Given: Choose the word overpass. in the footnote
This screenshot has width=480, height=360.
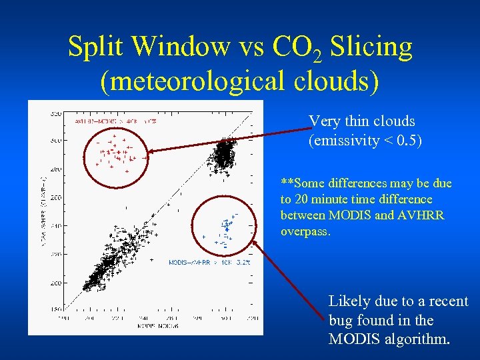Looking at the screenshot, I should tap(307, 231).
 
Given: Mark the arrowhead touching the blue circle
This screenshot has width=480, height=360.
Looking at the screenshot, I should tap(258, 247).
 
